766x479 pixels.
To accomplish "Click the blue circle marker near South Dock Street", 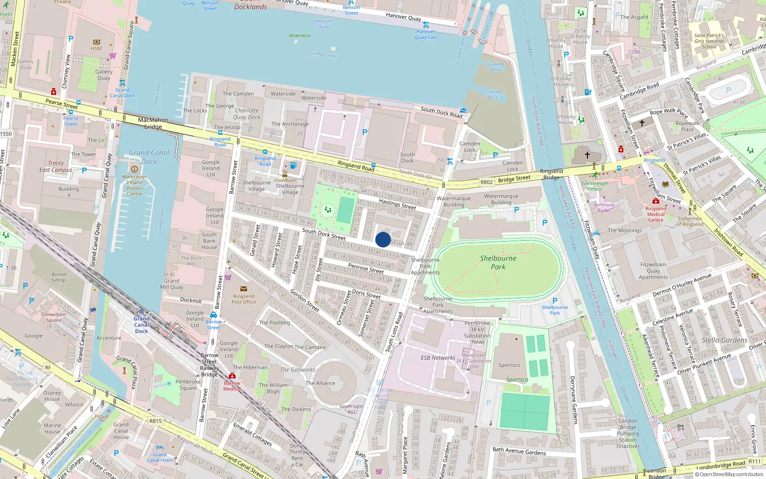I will click(383, 239).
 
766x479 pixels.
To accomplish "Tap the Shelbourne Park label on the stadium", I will click(498, 262).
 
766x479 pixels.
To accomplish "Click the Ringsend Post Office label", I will click(244, 299).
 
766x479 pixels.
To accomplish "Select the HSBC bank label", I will click(97, 48).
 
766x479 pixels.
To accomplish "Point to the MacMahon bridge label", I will click(153, 123).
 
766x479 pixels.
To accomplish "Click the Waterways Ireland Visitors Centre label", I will click(135, 185).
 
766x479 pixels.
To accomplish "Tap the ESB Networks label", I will click(438, 358).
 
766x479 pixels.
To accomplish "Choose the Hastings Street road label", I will click(397, 204).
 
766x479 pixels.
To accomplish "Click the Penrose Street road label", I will click(366, 268).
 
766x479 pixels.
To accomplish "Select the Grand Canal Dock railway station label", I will click(142, 325).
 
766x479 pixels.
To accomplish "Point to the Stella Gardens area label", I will click(724, 340).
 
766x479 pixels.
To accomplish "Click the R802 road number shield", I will click(486, 182).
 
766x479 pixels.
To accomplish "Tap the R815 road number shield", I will click(156, 421).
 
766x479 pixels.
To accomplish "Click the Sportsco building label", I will click(509, 365).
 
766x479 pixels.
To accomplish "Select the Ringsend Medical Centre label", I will click(655, 214).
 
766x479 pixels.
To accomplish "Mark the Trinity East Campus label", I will click(56, 166).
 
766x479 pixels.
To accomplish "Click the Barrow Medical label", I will click(232, 386).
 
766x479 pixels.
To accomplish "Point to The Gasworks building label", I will click(297, 370).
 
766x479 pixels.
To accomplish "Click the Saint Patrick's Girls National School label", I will click(709, 41).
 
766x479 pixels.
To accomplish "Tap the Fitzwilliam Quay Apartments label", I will click(653, 271).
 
